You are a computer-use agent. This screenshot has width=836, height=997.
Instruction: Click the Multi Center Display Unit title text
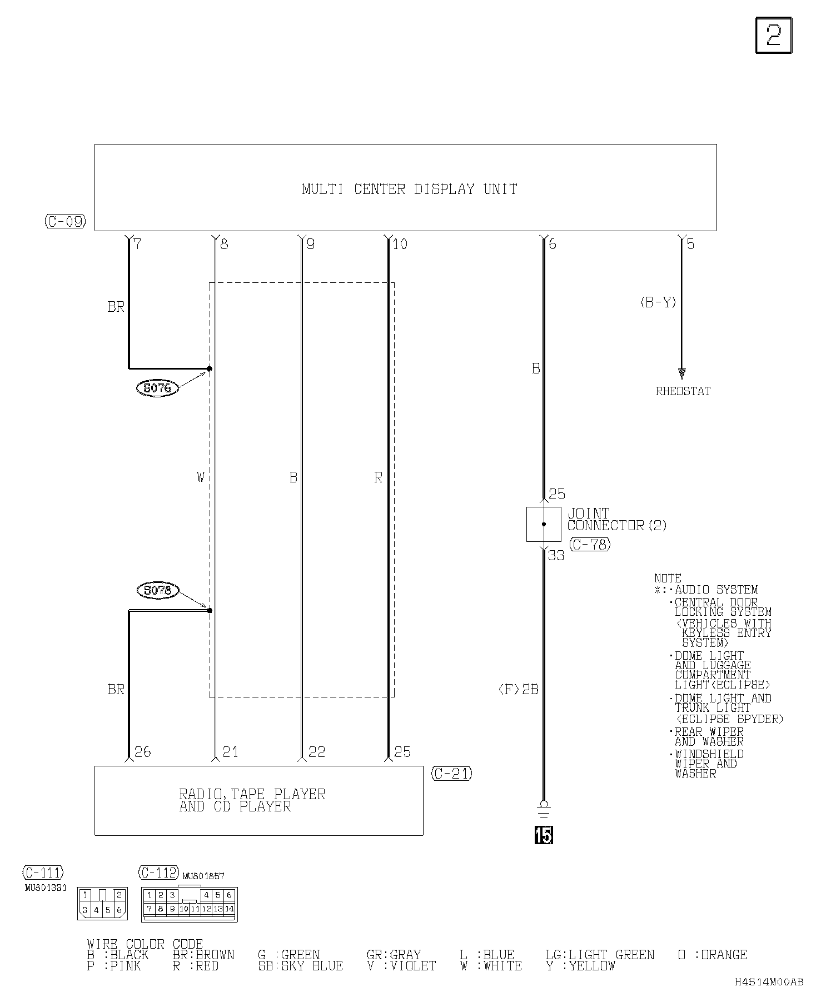[x=410, y=189]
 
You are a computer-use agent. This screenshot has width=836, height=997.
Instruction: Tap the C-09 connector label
[x=65, y=221]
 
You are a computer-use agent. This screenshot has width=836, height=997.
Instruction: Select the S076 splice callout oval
[x=157, y=388]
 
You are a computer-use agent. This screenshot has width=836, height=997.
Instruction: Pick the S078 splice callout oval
[x=157, y=590]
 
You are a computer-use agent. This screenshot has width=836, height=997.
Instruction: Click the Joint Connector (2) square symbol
[x=543, y=524]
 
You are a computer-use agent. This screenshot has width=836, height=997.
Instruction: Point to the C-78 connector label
[x=590, y=545]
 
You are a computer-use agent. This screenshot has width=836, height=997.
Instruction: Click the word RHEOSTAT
[x=683, y=391]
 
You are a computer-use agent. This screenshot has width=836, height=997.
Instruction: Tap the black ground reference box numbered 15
[x=543, y=834]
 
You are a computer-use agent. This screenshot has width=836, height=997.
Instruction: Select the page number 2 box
[x=773, y=36]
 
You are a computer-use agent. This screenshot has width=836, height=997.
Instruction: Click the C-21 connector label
[x=451, y=774]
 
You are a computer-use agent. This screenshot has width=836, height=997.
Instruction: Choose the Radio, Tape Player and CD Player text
[x=252, y=800]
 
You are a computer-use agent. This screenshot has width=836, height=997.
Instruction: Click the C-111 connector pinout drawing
[x=102, y=903]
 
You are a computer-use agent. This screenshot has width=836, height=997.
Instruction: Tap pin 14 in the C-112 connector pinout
[x=230, y=909]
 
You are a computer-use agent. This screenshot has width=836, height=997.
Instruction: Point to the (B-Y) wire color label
[x=658, y=302]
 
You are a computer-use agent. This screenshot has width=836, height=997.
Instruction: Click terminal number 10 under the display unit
[x=400, y=244]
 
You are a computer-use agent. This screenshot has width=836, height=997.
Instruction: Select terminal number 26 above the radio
[x=143, y=752]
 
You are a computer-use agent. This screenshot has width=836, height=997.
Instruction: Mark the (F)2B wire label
[x=518, y=690]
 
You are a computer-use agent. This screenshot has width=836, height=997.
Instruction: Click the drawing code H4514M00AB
[x=769, y=982]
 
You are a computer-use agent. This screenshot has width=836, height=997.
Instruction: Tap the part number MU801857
[x=203, y=876]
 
